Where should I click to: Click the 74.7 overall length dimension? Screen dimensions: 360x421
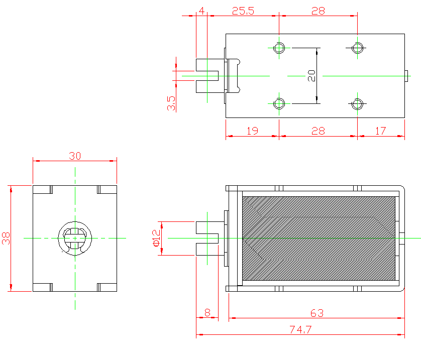[300, 330]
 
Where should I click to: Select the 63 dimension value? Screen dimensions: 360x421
[317, 313]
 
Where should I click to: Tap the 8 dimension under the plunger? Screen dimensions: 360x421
[207, 312]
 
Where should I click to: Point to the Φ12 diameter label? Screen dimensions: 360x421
[156, 238]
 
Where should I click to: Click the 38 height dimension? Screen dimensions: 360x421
[6, 238]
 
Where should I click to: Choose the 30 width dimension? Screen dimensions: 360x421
[75, 156]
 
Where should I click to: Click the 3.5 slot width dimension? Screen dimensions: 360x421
[171, 103]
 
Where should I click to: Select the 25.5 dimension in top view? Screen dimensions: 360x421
[243, 11]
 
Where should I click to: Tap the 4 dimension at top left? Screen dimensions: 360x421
[201, 11]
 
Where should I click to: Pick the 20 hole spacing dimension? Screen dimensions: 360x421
[311, 75]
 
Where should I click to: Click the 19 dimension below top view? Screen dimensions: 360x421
[252, 131]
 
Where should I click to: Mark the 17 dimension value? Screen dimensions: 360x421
[380, 131]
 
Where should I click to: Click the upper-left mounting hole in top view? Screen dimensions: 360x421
[279, 48]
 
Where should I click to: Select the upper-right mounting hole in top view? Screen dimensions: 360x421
[357, 48]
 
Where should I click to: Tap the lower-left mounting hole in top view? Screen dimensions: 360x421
[279, 104]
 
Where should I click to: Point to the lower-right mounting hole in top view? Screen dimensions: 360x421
[357, 104]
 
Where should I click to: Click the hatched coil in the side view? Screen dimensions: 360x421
[319, 238]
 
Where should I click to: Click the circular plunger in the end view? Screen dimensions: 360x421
[75, 238]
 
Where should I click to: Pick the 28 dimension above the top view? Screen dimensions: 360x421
[318, 11]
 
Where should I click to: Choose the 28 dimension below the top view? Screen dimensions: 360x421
[318, 131]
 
